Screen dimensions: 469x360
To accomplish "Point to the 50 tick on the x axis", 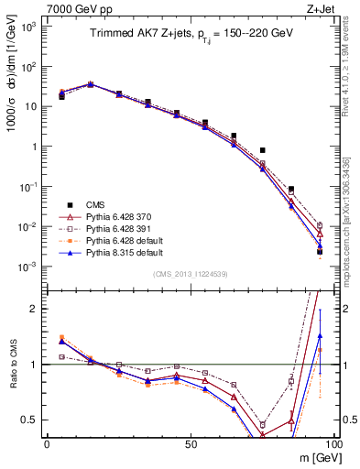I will [x=190, y=443].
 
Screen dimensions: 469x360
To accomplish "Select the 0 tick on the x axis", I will [x=47, y=443].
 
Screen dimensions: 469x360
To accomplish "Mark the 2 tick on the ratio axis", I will [x=35, y=309].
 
